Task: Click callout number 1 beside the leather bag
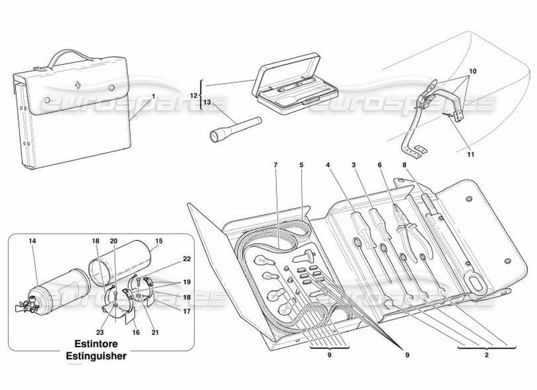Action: coord(153,97)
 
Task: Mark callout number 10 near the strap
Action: coord(472,71)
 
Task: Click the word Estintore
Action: coord(96,343)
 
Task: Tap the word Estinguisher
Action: coord(96,356)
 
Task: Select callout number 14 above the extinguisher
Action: coord(32,241)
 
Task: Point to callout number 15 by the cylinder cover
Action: coord(159,241)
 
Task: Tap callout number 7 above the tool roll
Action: coord(276,165)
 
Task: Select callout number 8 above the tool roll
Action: coord(404,165)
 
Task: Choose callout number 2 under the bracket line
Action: coord(486,355)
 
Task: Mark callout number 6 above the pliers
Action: coord(379,165)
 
